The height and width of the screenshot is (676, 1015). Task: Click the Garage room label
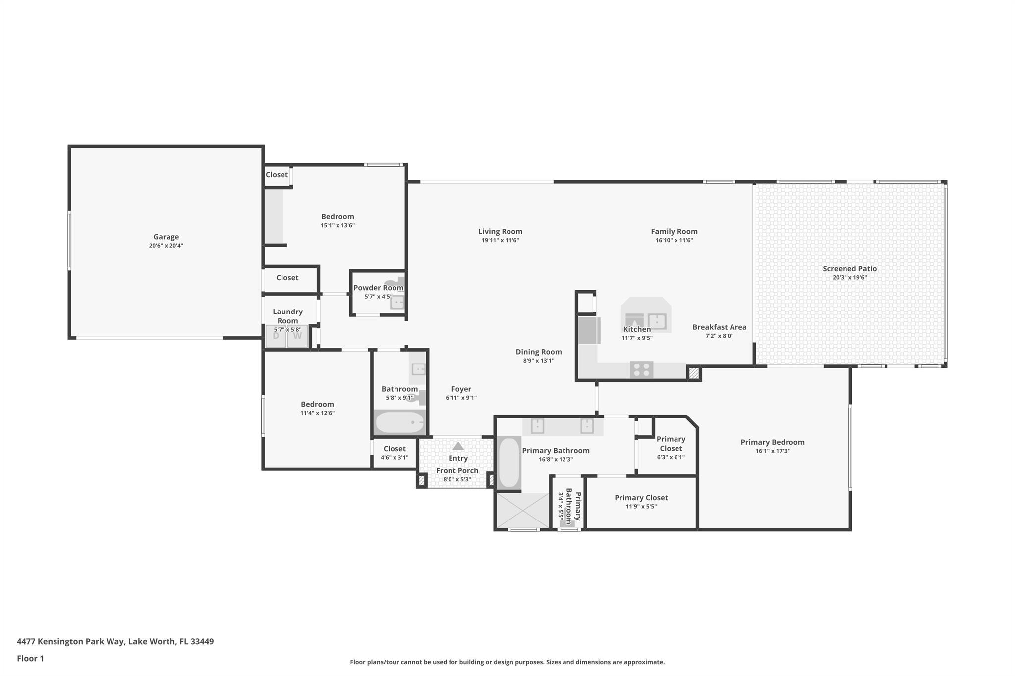[166, 237]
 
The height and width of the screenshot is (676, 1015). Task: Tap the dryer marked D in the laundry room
[276, 336]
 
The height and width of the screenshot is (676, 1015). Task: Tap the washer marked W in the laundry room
[297, 336]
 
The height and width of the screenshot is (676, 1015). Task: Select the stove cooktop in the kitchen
[641, 369]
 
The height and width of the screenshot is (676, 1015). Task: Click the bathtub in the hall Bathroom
[399, 422]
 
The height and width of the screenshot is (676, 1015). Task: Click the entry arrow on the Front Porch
[458, 446]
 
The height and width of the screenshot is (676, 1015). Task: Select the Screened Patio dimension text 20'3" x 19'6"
[849, 277]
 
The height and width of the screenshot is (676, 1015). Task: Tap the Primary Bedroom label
[772, 442]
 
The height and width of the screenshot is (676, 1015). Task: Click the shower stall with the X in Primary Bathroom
[522, 511]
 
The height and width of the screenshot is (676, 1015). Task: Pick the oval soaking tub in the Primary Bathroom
[508, 463]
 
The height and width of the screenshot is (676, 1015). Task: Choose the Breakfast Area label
[719, 327]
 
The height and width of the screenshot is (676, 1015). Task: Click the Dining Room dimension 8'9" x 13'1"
[538, 361]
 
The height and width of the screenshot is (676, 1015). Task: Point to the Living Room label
[500, 231]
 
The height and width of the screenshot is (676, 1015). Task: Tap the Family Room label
[674, 231]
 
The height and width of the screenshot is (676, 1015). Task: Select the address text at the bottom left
[115, 641]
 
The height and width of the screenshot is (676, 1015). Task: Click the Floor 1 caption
[30, 658]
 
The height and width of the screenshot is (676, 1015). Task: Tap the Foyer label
[461, 389]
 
